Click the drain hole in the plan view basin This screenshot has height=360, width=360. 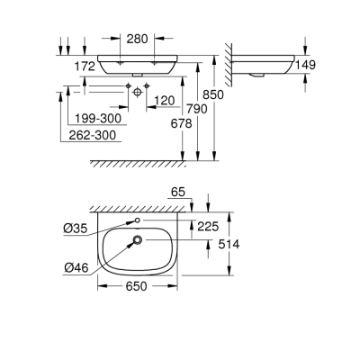pyautogui.click(x=137, y=239)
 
